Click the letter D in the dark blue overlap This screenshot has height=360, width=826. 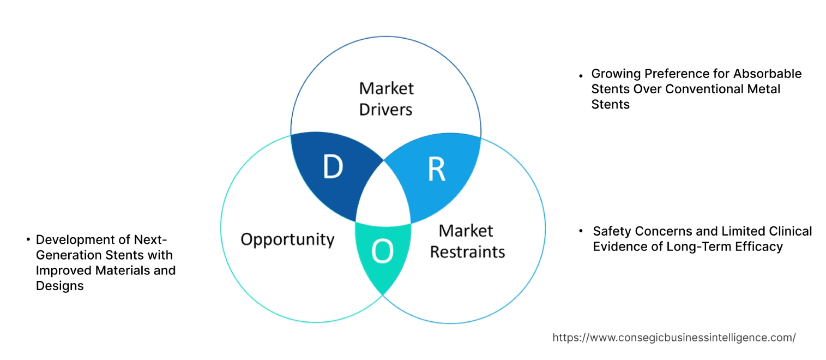click(332, 167)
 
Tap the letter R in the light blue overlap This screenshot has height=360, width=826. click(436, 170)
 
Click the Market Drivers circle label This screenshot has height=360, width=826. click(386, 99)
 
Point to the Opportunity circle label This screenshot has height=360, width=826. click(287, 239)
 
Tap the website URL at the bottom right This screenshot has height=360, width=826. click(674, 338)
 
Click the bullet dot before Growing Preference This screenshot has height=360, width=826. click(582, 74)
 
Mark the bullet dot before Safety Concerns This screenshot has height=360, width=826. click(582, 231)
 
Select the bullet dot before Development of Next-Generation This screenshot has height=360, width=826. click(28, 239)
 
